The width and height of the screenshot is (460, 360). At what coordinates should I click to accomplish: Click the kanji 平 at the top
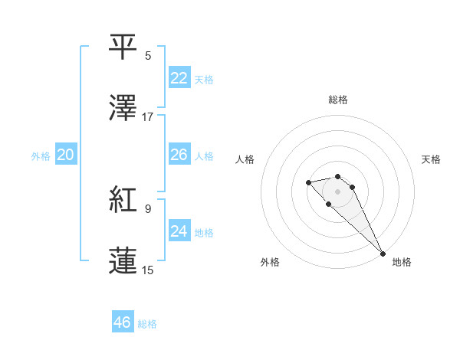click(x=123, y=46)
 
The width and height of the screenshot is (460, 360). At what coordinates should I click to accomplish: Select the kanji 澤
click(x=123, y=108)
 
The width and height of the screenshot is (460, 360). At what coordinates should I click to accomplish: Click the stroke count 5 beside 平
click(x=148, y=55)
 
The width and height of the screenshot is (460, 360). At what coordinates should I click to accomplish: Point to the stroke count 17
click(x=148, y=117)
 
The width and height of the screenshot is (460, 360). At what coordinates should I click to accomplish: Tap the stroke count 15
click(x=148, y=270)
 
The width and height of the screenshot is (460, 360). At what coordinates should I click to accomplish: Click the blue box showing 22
click(x=179, y=78)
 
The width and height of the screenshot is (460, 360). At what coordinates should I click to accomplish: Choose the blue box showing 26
click(x=179, y=155)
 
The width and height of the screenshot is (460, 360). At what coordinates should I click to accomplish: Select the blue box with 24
click(x=179, y=231)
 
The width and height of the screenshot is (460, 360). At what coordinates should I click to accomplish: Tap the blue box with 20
click(x=66, y=155)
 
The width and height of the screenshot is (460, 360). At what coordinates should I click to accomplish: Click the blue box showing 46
click(x=123, y=322)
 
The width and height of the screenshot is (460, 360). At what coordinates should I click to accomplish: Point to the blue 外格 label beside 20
click(x=41, y=156)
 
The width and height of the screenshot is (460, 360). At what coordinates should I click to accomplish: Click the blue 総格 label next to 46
click(x=147, y=324)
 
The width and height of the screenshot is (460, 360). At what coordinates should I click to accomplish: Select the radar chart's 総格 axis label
click(x=338, y=100)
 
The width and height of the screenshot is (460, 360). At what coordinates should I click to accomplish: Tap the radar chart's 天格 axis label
click(x=431, y=159)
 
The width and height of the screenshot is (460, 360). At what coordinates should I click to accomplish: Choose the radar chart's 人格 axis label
click(x=245, y=159)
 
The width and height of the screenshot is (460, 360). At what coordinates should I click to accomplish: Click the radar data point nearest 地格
click(x=383, y=253)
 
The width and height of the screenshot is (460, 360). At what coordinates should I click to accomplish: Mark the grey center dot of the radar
click(x=338, y=191)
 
